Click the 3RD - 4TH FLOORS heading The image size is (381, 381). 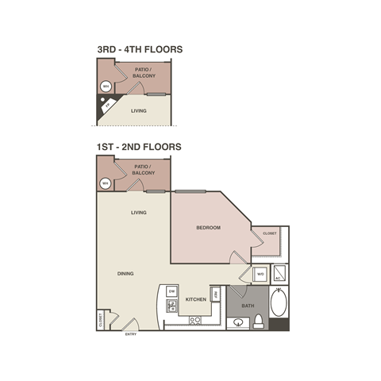click(x=140, y=49)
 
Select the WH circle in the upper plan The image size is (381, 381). click(x=105, y=87)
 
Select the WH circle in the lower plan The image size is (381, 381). click(x=105, y=183)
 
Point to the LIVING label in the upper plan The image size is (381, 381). click(x=139, y=112)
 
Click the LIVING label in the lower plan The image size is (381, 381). click(x=139, y=213)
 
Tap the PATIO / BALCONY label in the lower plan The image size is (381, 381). click(x=144, y=169)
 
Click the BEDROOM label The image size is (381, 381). click(x=208, y=228)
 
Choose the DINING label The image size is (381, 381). click(x=125, y=274)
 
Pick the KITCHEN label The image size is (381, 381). click(x=196, y=299)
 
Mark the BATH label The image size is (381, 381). click(x=248, y=305)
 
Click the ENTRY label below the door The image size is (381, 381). click(x=131, y=334)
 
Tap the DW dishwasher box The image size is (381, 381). click(x=171, y=291)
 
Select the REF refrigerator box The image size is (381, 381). click(x=215, y=293)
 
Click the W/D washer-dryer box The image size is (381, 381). click(x=260, y=275)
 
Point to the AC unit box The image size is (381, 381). click(x=280, y=274)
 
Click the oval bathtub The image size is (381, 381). click(x=279, y=305)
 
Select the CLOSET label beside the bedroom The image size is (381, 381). click(x=269, y=234)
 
